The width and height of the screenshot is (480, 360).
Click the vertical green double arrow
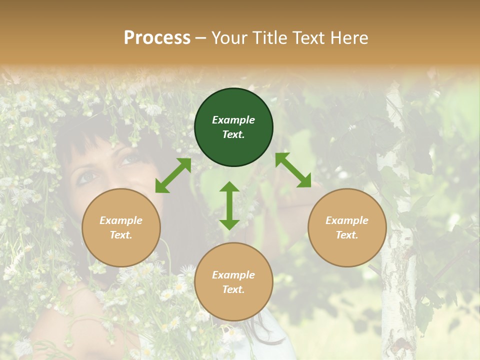click(x=229, y=205)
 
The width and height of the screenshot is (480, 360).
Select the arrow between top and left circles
click(x=173, y=175)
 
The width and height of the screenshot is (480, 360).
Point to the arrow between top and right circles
click(x=293, y=170)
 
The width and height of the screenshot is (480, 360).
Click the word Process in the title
click(x=157, y=38)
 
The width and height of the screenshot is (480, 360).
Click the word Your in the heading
click(x=230, y=38)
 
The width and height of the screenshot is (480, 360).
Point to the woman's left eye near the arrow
click(x=129, y=159)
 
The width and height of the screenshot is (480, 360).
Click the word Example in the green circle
click(x=233, y=120)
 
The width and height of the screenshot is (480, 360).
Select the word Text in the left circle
click(x=121, y=235)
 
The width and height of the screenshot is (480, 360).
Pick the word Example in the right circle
click(x=347, y=220)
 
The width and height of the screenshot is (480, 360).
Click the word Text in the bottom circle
click(x=233, y=289)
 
